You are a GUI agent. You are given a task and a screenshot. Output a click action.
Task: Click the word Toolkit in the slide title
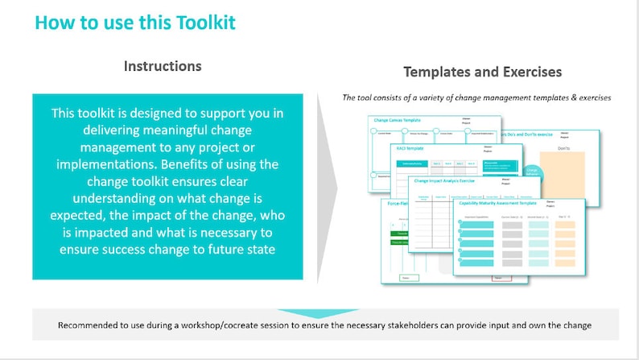(200, 22)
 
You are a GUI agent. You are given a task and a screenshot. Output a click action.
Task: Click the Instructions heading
(163, 66)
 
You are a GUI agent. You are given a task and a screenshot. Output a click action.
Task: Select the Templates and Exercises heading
(482, 72)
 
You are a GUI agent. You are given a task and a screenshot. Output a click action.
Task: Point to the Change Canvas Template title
(398, 120)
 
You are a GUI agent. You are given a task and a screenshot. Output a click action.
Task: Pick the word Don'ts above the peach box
(567, 148)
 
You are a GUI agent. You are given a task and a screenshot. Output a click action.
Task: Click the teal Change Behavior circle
(532, 172)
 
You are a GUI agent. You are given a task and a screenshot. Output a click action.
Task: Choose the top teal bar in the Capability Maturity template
(477, 223)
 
